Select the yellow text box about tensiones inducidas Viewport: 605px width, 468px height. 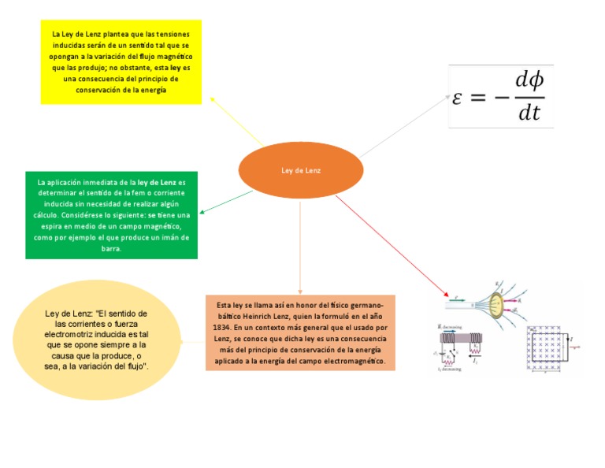click(121, 62)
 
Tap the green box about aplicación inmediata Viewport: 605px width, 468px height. click(111, 214)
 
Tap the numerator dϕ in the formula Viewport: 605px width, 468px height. click(529, 80)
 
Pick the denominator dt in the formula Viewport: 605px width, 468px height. click(529, 113)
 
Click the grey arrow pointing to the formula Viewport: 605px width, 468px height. click(404, 126)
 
